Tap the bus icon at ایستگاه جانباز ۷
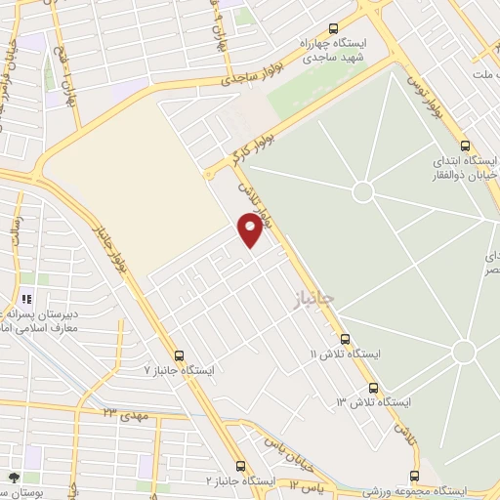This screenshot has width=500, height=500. click(178, 356)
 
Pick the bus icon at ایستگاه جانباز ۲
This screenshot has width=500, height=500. click(241, 467)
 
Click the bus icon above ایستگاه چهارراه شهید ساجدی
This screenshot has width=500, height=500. click(334, 29)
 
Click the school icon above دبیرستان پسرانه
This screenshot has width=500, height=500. click(26, 298)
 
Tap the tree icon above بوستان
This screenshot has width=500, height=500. click(14, 478)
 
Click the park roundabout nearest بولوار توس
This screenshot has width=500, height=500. click(363, 190)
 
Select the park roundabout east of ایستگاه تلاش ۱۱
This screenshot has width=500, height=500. click(463, 351)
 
